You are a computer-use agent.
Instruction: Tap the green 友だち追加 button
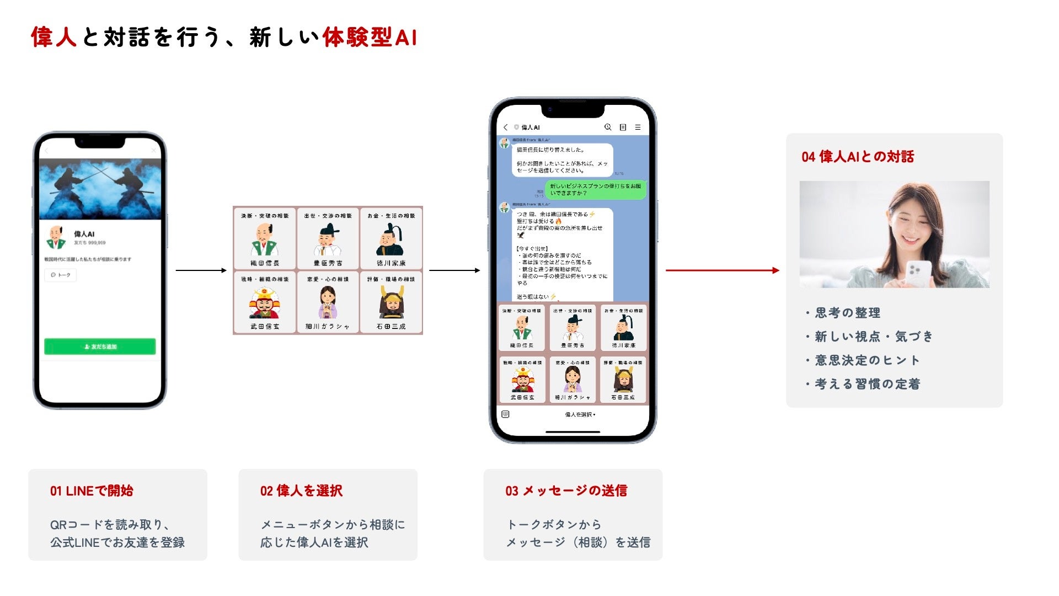click(100, 347)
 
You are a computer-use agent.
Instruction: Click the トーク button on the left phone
click(61, 275)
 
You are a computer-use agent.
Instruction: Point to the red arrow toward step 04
click(722, 270)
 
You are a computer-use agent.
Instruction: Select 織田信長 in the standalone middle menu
click(265, 239)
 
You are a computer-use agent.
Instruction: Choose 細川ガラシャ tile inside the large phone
click(573, 380)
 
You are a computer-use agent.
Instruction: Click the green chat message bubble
click(595, 190)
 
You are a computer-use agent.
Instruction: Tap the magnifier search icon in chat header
click(608, 127)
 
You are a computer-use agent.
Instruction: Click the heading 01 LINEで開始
click(92, 491)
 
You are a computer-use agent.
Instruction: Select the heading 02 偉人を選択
click(301, 491)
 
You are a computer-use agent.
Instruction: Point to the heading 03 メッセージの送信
click(566, 491)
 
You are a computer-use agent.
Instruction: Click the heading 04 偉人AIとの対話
click(858, 157)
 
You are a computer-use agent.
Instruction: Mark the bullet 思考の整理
click(847, 313)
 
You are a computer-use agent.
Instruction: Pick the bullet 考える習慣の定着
click(867, 384)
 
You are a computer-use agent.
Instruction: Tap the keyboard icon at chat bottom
click(505, 414)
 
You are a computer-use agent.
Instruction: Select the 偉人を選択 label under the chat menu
click(580, 414)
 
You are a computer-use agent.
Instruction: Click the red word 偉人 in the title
click(54, 38)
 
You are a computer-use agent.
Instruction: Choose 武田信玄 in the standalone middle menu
click(265, 302)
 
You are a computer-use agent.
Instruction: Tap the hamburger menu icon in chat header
click(638, 127)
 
